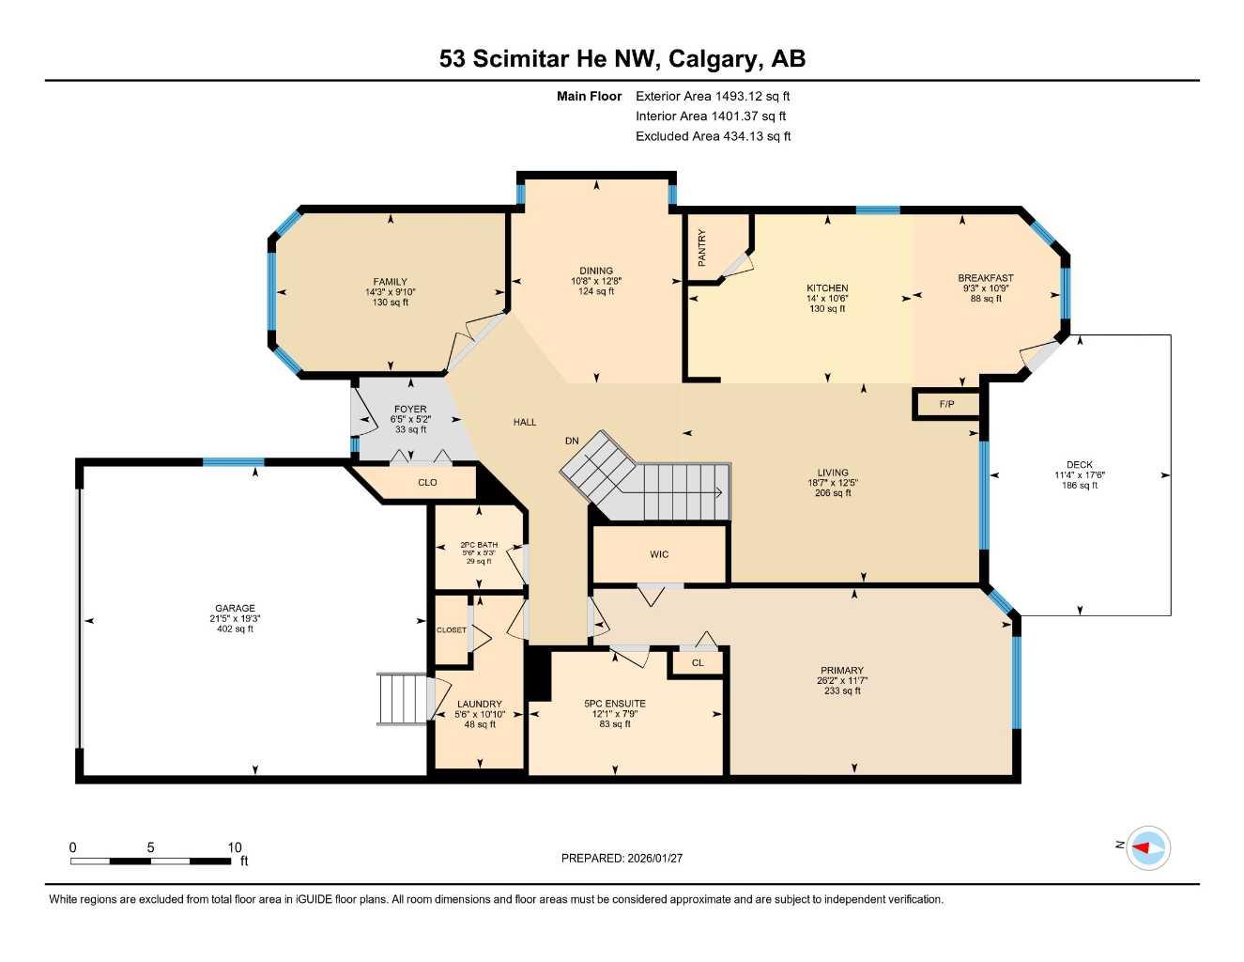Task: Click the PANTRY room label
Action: point(701,248)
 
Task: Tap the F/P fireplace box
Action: point(946,405)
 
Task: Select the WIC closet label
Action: point(659,554)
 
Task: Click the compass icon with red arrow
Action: point(1147,847)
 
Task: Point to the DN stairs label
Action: point(572,441)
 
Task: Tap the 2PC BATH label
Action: point(479,545)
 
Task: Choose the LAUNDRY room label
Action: point(479,704)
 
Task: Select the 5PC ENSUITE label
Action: point(615,704)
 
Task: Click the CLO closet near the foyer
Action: point(427,483)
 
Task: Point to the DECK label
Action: point(1079,465)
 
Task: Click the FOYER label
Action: point(410,410)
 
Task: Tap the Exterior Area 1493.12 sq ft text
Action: point(713,96)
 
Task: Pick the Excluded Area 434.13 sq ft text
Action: point(713,136)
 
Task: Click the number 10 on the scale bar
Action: point(234,847)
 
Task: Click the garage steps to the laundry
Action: point(403,699)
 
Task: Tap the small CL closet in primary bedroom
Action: point(697,663)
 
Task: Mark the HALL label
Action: point(525,422)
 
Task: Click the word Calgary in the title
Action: point(714,59)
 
